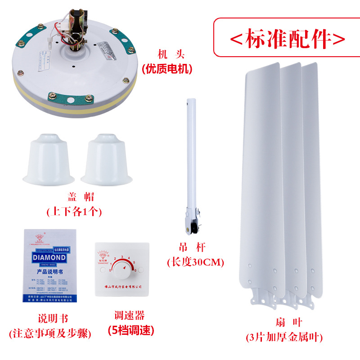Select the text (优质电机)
pos(166,69)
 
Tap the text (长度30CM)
pos(195,262)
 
